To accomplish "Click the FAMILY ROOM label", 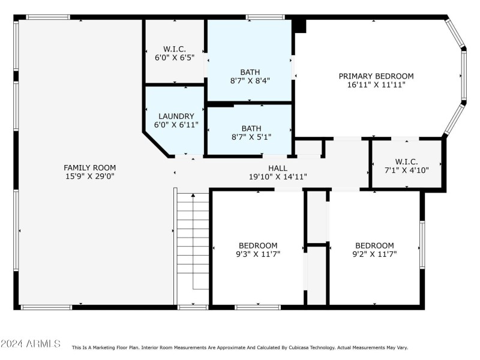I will click(90, 167).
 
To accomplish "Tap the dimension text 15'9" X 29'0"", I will click(90, 176).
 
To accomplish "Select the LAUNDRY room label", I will click(176, 116).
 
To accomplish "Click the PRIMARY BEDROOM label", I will click(376, 76).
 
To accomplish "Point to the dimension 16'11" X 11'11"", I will click(376, 85).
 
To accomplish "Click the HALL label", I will click(278, 168).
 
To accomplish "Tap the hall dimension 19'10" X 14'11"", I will click(278, 177).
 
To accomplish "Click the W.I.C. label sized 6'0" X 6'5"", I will click(175, 49).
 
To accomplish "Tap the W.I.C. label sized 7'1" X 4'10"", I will click(407, 161).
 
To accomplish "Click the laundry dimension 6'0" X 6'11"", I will click(176, 125).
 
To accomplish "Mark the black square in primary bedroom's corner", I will click(300, 26).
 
